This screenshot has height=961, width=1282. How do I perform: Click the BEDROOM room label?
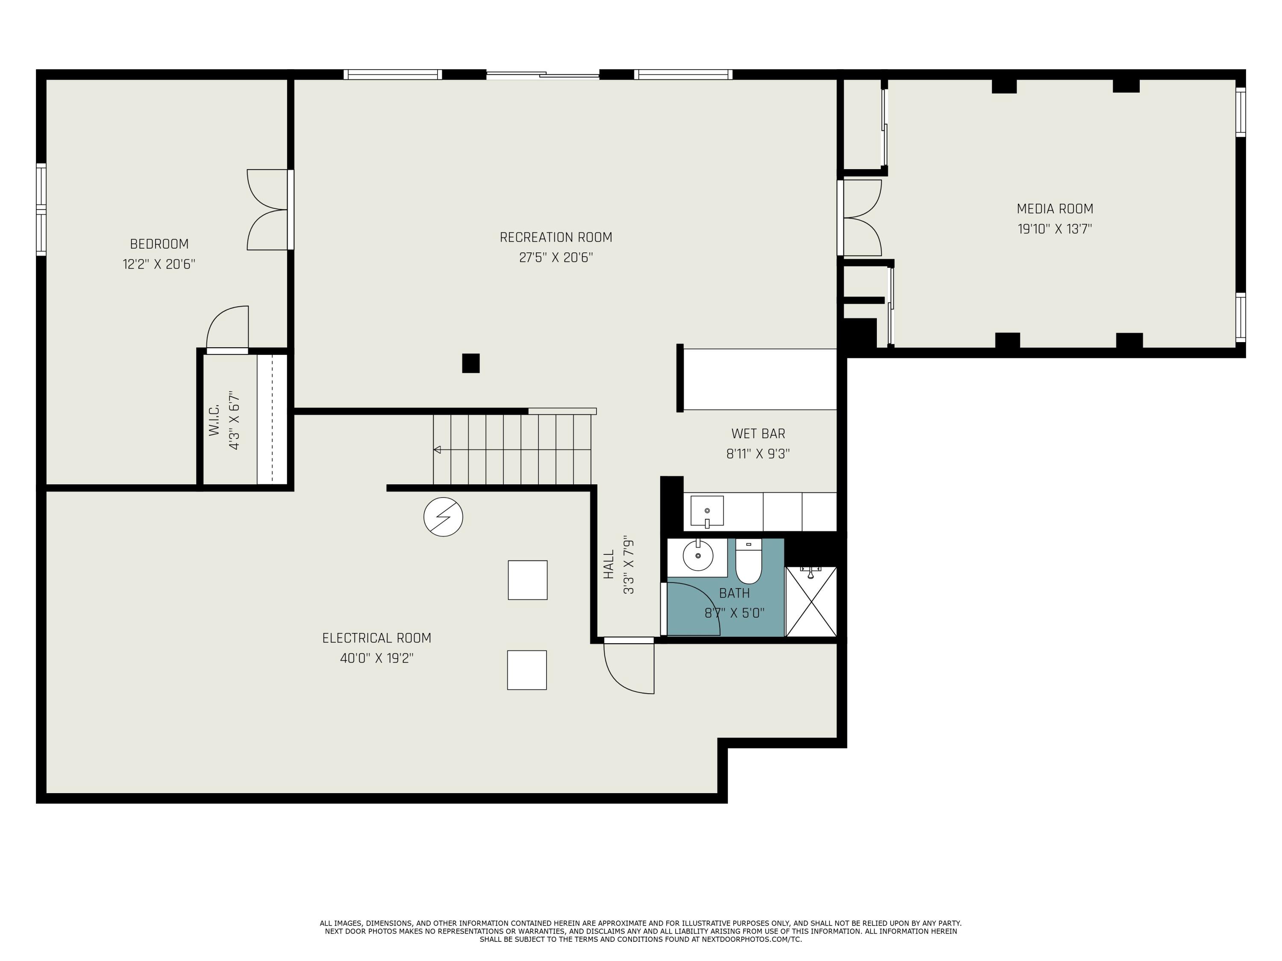159,244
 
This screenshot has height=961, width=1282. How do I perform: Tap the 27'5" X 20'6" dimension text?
556,257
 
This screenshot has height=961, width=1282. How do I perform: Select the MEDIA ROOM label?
1055,208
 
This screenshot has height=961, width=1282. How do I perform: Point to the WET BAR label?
758,433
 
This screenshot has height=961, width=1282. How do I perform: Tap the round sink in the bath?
698,557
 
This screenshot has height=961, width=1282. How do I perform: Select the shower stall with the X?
811,601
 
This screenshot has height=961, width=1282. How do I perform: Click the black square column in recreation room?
470,363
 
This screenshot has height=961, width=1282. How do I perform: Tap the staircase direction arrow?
438,449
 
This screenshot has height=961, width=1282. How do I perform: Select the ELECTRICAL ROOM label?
377,638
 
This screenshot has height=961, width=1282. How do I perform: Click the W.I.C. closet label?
215,421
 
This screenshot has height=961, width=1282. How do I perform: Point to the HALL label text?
609,564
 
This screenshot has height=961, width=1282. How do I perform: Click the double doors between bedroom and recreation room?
268,210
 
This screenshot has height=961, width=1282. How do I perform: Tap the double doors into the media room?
863,218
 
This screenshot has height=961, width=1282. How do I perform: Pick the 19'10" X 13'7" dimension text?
1055,229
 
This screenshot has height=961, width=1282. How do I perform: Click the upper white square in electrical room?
527,580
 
